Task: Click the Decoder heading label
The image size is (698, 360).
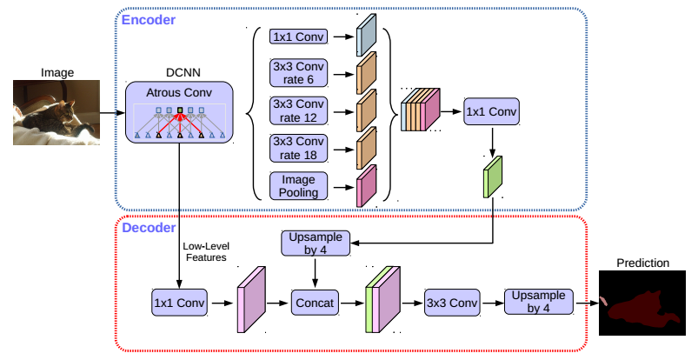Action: pyautogui.click(x=149, y=229)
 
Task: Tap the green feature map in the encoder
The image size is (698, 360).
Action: pyautogui.click(x=493, y=174)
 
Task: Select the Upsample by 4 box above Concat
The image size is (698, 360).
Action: pyautogui.click(x=316, y=243)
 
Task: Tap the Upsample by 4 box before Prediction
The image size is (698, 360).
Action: pyautogui.click(x=539, y=302)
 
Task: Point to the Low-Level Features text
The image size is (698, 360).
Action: pyautogui.click(x=206, y=251)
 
